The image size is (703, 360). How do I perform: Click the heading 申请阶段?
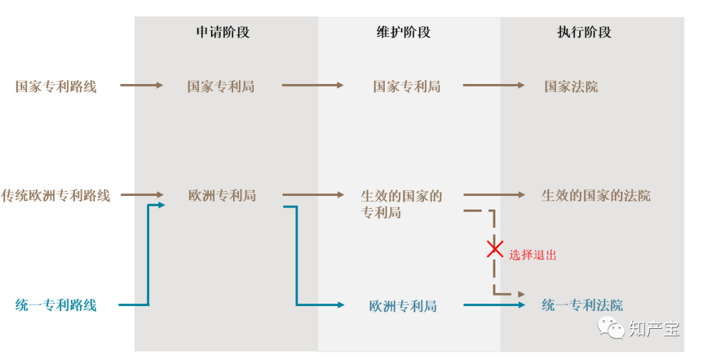coord(223,32)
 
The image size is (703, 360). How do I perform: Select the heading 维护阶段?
coord(404,32)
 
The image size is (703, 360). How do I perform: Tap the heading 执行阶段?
coord(584,32)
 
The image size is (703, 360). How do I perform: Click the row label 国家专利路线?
coord(56,86)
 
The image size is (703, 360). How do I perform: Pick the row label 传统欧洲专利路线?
coord(55,195)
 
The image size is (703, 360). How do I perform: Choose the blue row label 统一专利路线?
coord(56,305)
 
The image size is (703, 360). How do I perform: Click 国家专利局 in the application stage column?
coord(221,86)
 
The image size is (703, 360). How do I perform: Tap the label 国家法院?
coord(571,86)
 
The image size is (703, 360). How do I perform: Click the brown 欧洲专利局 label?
coord(222,195)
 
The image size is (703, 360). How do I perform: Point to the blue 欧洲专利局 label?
coord(402,306)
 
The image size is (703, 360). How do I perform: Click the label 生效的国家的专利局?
coord(401,203)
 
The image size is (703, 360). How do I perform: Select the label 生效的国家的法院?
coord(596,195)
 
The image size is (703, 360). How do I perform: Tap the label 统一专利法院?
coord(582,305)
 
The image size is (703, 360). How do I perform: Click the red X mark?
coord(495,249)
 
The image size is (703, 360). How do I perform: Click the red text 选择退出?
coord(532,255)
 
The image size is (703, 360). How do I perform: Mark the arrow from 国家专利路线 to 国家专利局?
coord(141,85)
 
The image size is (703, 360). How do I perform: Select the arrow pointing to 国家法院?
coord(493,85)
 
